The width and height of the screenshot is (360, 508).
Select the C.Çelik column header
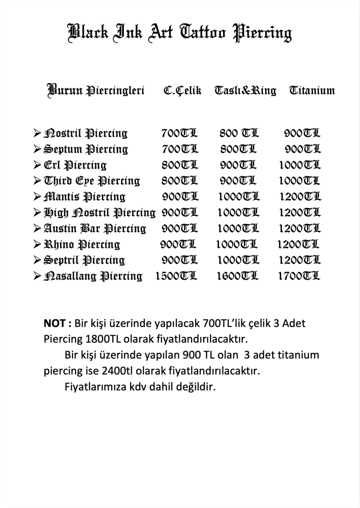pos(182,91)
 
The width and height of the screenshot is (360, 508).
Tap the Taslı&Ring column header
pos(245,91)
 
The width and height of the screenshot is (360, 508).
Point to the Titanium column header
pos(312,91)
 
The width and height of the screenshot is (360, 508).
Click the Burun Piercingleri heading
pos(96,91)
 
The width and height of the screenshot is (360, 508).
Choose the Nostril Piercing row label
pos(86,133)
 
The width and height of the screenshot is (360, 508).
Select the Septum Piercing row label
pos(86,149)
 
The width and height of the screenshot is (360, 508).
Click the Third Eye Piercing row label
pos(92,181)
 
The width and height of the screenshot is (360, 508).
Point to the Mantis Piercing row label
pos(85,197)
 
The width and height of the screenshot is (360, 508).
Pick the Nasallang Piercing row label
pos(93,276)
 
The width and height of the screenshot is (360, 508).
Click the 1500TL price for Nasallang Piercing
pos(176,276)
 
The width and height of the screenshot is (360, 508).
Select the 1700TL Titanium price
pos(299,276)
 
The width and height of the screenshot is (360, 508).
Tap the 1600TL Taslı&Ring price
pos(237,276)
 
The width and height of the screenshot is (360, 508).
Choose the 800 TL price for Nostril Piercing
pos(239,133)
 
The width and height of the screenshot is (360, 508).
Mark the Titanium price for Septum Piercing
pos(302,149)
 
